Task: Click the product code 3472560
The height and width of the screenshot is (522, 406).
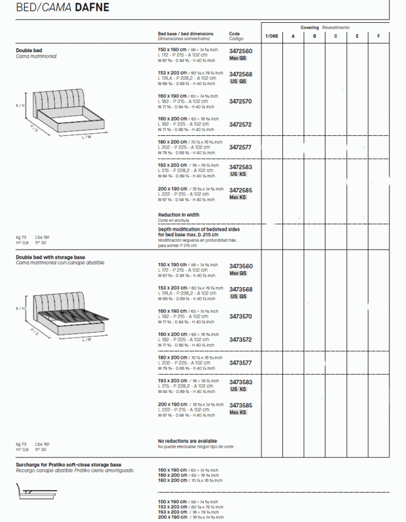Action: (x=240, y=51)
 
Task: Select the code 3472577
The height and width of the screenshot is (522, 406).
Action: (x=240, y=147)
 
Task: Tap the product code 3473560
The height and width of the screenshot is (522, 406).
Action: (x=240, y=266)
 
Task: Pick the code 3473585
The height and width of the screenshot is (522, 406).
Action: (x=240, y=405)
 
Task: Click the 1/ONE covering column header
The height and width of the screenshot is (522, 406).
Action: (x=271, y=36)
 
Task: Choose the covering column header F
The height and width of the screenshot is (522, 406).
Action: (x=379, y=36)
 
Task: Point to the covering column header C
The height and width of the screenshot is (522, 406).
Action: (x=336, y=36)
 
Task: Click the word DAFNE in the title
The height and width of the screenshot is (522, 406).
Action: (x=92, y=8)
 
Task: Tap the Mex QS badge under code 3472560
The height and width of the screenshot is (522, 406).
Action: (x=238, y=58)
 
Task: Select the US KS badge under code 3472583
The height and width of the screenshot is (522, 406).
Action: (x=238, y=174)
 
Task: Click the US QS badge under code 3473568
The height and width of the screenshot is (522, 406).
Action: (x=238, y=297)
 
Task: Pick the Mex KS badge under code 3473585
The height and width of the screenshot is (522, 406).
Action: (x=238, y=412)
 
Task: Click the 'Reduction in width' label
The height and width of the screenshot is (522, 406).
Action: (x=178, y=215)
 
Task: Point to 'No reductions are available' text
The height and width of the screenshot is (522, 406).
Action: (x=187, y=441)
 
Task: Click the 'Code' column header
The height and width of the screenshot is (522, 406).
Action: (x=234, y=34)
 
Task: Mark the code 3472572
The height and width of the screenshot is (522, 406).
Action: (x=240, y=124)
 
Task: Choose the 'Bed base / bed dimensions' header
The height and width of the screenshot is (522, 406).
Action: (x=185, y=34)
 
